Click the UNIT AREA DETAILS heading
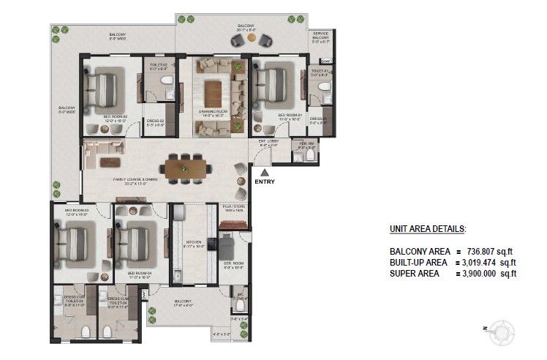[427, 230]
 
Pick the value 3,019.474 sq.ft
[488, 262]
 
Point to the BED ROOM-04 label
[139, 274]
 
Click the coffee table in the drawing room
[213, 93]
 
